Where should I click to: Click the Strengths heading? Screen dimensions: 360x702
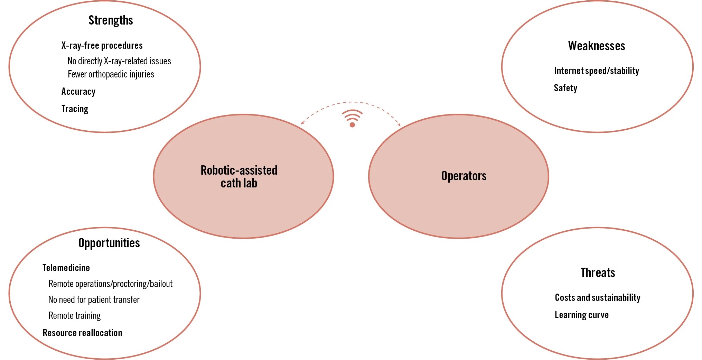coord(111,20)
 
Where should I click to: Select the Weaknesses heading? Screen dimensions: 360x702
coord(596,46)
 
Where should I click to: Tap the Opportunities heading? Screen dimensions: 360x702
coord(109,243)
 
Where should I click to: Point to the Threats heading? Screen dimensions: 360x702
coord(598,273)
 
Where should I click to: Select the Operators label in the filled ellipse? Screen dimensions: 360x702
coord(464,176)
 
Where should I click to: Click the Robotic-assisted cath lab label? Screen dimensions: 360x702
coord(239,177)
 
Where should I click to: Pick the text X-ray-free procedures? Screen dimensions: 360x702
coord(102,46)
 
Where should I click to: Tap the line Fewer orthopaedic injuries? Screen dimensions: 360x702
coord(111,74)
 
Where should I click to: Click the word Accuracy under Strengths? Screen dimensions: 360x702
coord(78,92)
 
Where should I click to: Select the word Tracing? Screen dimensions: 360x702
coord(75,109)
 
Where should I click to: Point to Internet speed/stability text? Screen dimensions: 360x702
coord(596,71)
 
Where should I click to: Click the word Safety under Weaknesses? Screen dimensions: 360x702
coord(565,88)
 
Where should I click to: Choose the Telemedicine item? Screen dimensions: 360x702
coord(66,268)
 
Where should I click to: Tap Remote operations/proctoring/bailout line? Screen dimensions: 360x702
coord(110,284)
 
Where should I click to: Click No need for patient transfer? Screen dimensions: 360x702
coord(94,300)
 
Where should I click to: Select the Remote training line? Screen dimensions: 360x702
coord(74,316)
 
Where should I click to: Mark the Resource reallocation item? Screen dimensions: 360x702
coord(82,333)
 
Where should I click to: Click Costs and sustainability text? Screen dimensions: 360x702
coord(597,298)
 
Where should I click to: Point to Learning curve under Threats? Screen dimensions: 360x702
coord(581,315)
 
